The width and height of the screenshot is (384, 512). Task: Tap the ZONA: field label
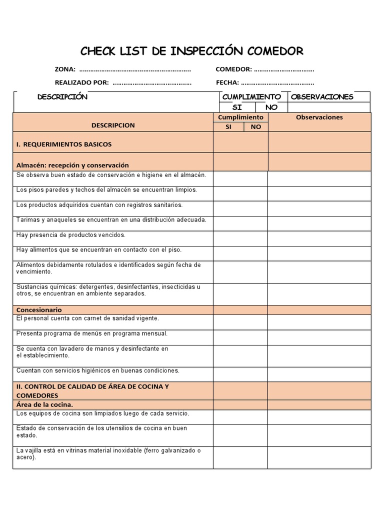[65, 69]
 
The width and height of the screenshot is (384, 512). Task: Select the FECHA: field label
[227, 82]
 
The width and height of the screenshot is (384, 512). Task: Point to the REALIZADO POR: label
[81, 82]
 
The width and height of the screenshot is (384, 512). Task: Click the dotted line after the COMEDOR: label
[284, 70]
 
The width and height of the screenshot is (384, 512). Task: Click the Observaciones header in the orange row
[319, 117]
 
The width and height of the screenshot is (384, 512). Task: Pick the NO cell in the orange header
[256, 127]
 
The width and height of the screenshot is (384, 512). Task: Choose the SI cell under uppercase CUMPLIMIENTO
[237, 107]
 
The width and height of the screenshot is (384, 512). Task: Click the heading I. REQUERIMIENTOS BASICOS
[64, 144]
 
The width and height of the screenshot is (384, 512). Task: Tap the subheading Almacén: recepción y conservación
[72, 165]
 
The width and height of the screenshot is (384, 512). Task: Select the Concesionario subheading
[39, 310]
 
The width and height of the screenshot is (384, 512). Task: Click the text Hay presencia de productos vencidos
[70, 235]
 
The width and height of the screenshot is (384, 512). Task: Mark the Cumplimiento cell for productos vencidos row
[240, 238]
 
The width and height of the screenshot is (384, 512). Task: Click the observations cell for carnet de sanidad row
[319, 322]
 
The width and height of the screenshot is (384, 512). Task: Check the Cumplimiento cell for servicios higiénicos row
[240, 374]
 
